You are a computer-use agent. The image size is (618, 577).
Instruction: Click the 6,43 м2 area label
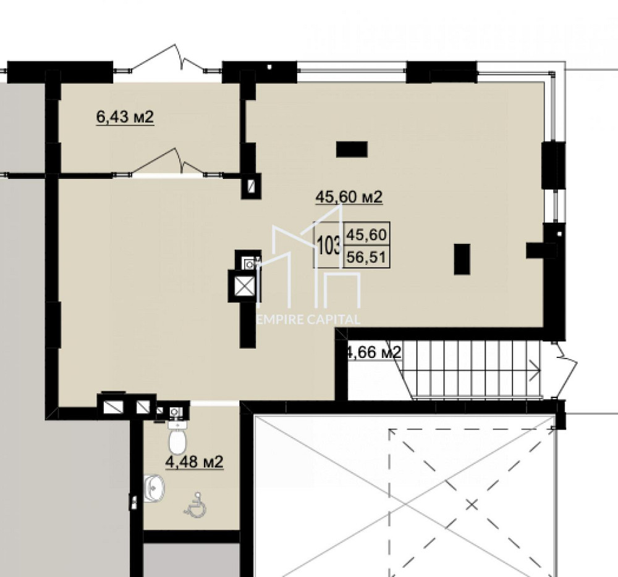click(x=125, y=117)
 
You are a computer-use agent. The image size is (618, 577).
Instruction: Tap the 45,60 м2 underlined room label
click(x=349, y=197)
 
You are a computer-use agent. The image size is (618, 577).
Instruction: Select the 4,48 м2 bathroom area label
click(x=194, y=461)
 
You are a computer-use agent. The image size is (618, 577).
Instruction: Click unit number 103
click(x=328, y=245)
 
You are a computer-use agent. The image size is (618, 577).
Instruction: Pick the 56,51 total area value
click(x=366, y=256)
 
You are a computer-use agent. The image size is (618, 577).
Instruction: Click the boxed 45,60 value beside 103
click(x=366, y=235)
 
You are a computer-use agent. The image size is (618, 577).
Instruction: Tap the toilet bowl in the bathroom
click(x=178, y=439)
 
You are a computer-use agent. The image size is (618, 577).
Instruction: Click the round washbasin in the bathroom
click(x=154, y=488)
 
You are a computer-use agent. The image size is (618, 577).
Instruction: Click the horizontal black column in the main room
click(x=352, y=149)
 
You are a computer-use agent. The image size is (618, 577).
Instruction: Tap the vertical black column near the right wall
click(x=462, y=259)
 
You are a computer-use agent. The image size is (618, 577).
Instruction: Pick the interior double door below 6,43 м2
click(x=167, y=163)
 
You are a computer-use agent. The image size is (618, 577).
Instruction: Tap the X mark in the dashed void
click(x=472, y=505)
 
